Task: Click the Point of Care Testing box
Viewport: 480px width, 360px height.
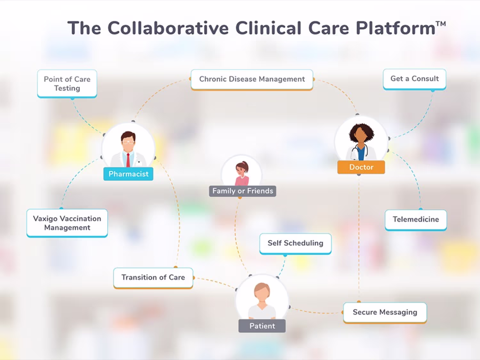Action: pos(67,84)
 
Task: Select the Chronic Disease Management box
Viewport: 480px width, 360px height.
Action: pos(252,80)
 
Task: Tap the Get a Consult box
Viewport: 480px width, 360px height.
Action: pos(414,79)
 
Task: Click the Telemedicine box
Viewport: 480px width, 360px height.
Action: pos(416,220)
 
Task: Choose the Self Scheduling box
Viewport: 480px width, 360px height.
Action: pos(295,244)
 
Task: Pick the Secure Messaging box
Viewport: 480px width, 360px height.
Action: pos(385,313)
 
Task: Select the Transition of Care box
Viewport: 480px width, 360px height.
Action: pos(153,278)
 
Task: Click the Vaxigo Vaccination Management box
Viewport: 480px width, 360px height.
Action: pos(67,223)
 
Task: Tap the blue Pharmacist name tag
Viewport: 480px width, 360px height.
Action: pos(128,174)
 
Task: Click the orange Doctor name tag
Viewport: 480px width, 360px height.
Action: pos(361,167)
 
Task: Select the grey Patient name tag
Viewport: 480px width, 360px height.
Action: pos(262,326)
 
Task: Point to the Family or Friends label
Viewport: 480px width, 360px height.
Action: pos(243,191)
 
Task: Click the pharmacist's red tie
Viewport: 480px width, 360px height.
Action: pos(128,160)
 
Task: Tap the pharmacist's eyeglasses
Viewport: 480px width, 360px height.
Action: pos(128,142)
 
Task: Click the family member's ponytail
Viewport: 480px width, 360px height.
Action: pos(246,165)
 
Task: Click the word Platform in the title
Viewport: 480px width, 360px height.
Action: pos(396,28)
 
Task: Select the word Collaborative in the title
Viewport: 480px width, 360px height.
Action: pos(168,28)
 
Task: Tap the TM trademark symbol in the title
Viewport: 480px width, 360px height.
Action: pos(441,24)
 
